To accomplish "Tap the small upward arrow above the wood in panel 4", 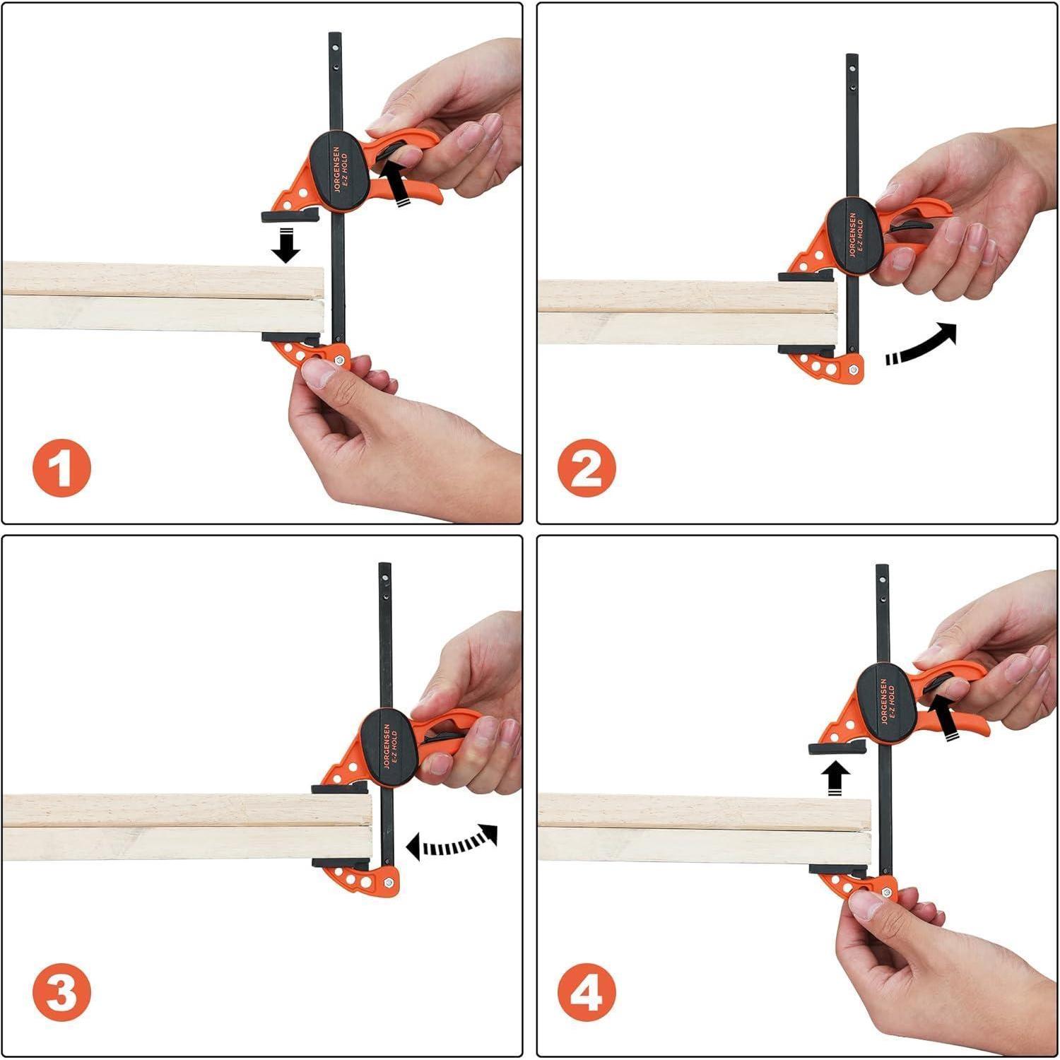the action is (836, 779).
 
